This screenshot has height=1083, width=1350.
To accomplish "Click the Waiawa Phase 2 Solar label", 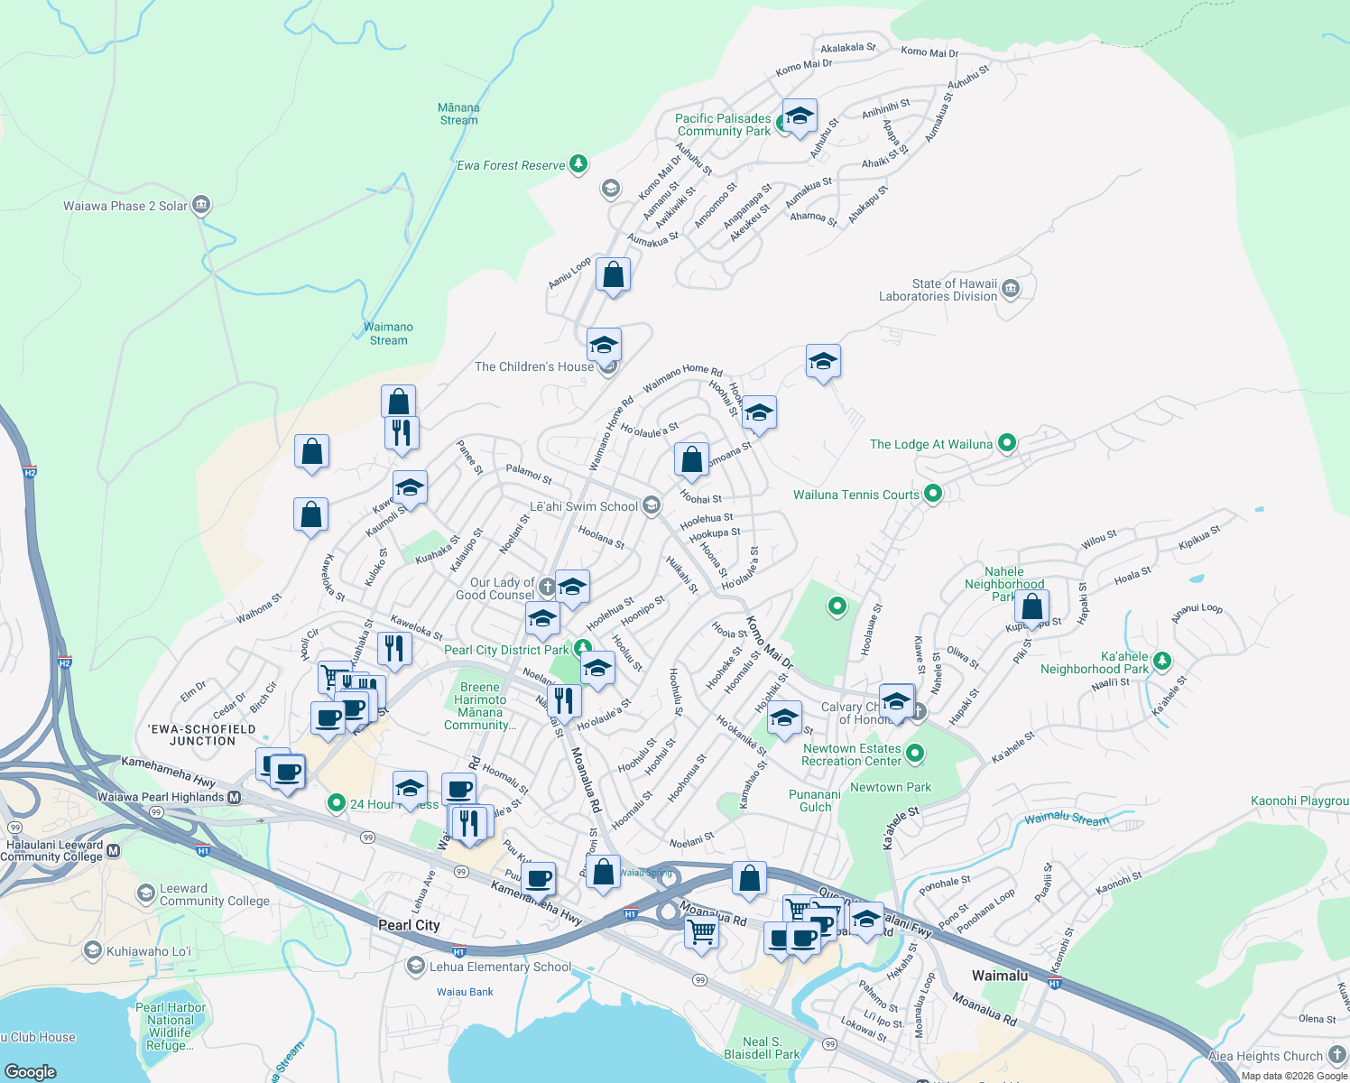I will pyautogui.click(x=125, y=206).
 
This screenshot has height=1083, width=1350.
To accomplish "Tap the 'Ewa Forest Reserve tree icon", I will pyautogui.click(x=578, y=164).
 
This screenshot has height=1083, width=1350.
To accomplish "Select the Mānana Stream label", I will pyautogui.click(x=459, y=114).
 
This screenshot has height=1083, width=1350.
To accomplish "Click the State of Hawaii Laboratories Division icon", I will pyautogui.click(x=1011, y=289).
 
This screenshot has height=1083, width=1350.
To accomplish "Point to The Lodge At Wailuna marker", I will pyautogui.click(x=1007, y=443).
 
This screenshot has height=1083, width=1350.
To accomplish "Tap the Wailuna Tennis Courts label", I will pyautogui.click(x=855, y=495).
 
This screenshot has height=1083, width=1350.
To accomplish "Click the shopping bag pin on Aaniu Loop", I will pyautogui.click(x=613, y=274).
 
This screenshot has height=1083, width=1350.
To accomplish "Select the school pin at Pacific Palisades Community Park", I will pyautogui.click(x=800, y=116).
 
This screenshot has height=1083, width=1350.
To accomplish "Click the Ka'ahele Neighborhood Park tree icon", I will pyautogui.click(x=1162, y=662).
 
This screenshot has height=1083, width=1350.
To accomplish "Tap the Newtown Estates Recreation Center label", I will pyautogui.click(x=852, y=754).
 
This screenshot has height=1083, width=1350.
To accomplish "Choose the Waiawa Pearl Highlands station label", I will pyautogui.click(x=161, y=797).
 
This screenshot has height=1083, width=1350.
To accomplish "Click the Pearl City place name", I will pyautogui.click(x=409, y=925).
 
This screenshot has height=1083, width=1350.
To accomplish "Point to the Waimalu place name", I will pyautogui.click(x=999, y=976).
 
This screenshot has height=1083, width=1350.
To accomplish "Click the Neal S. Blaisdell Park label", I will pyautogui.click(x=762, y=1048).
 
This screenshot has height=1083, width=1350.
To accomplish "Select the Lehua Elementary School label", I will pyautogui.click(x=500, y=967).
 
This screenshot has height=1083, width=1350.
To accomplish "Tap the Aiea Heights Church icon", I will pyautogui.click(x=1336, y=1055).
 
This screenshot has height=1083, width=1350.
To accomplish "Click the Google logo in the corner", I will pyautogui.click(x=30, y=1071).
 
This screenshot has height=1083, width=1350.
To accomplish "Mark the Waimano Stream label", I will pyautogui.click(x=388, y=334).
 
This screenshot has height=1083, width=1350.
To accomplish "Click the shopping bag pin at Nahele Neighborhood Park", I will pyautogui.click(x=1031, y=607).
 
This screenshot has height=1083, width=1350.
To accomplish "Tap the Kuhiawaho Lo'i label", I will pyautogui.click(x=149, y=951).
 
